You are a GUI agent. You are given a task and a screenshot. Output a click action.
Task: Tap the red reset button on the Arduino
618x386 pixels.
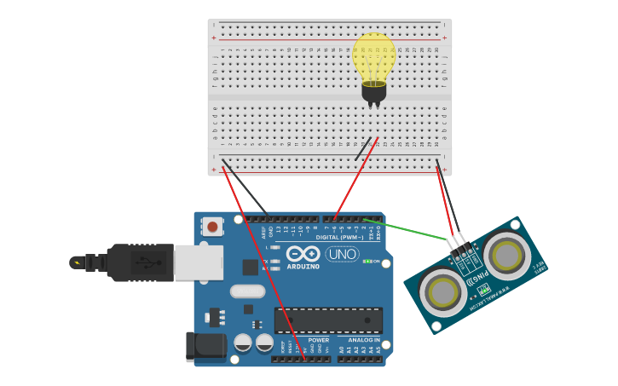point(212,226)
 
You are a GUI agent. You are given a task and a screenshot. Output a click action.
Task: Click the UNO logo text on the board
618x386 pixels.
point(342,254)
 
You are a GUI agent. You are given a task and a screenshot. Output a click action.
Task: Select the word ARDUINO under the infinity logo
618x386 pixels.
point(303,266)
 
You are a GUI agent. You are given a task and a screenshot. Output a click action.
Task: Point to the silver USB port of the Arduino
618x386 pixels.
point(199,262)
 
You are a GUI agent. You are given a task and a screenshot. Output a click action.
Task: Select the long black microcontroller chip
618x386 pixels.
point(328,320)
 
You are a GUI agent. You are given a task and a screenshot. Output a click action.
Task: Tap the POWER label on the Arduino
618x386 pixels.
point(319,339)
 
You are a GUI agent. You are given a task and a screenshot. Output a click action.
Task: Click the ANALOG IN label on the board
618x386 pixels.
point(364,339)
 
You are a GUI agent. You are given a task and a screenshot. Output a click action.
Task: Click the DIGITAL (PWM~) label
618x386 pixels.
point(339,237)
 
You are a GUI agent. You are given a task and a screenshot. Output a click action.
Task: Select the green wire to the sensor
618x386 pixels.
point(409,233)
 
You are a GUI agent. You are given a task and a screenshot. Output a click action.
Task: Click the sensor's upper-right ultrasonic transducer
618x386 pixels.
point(506,254)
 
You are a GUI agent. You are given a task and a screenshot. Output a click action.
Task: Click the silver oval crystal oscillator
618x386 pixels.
point(247,291)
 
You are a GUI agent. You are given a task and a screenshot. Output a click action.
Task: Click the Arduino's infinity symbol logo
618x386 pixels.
point(303,253)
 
